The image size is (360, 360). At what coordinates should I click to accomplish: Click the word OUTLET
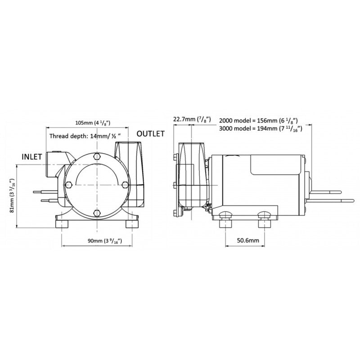(x=150, y=134)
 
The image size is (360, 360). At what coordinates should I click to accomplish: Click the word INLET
(x=32, y=157)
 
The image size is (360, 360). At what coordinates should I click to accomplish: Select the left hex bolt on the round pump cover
(x=68, y=185)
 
